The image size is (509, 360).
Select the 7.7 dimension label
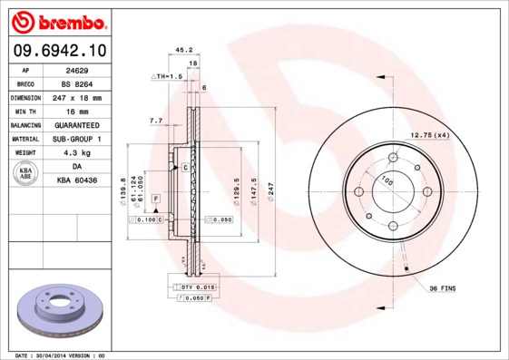coord(155,121)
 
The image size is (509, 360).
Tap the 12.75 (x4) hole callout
coord(430,135)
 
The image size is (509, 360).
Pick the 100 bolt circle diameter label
coord(387,181)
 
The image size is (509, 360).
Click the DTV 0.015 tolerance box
coord(198,287)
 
